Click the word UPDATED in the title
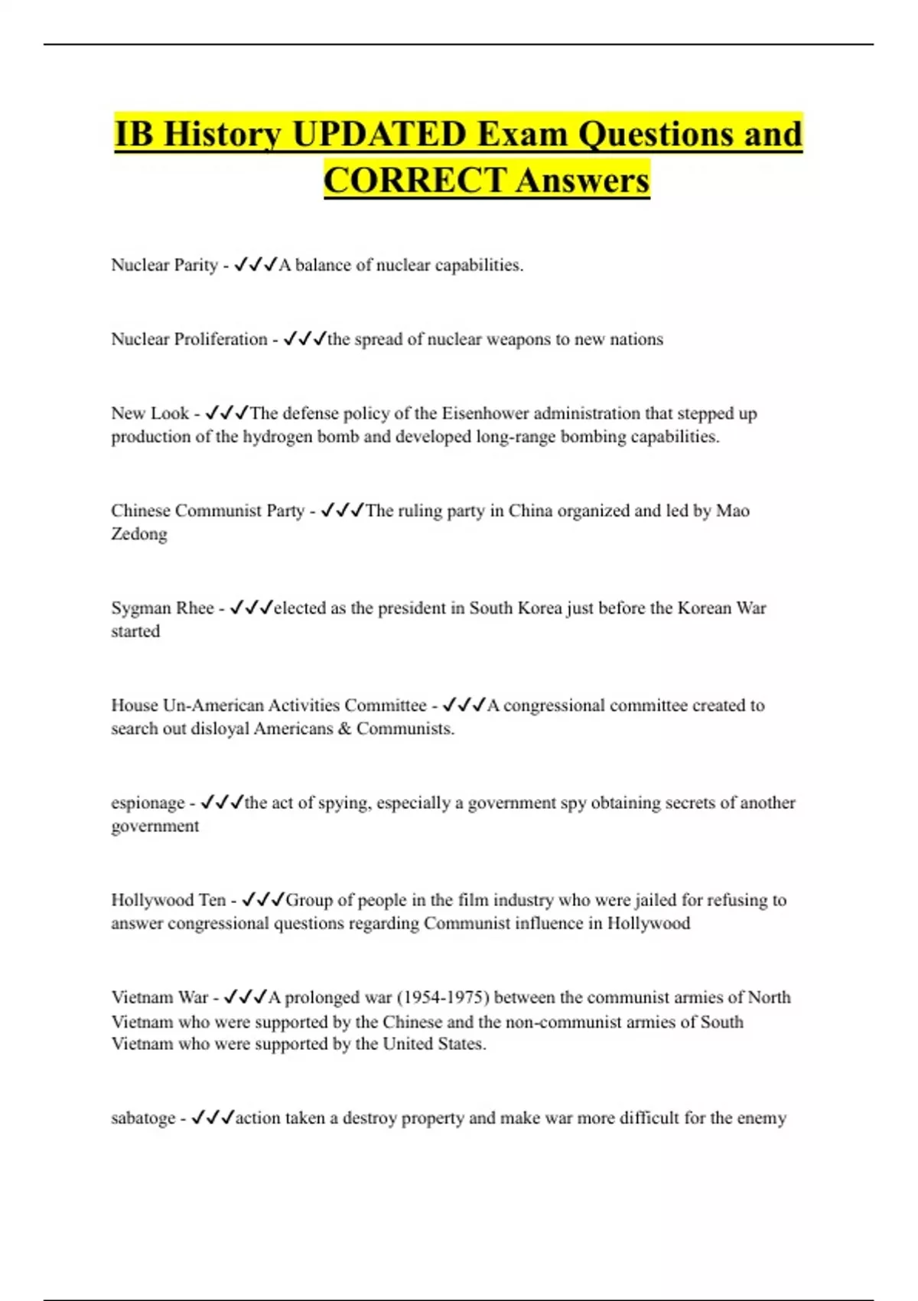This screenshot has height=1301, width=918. point(379,134)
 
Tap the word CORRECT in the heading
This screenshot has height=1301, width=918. point(414,181)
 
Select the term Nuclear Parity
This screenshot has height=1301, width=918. point(164,265)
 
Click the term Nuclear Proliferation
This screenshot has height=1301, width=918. point(189,339)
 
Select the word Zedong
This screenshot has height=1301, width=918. point(139,534)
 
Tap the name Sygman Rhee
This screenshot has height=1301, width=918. point(162,608)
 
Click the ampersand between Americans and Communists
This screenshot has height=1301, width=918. point(344,729)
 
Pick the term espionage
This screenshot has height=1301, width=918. point(148,803)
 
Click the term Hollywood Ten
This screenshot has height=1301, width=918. point(168,900)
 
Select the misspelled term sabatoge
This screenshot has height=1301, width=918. point(143,1118)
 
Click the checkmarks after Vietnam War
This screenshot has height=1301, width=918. point(245,997)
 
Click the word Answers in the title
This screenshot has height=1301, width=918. point(582,181)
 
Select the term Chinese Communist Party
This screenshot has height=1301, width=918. point(207,510)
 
